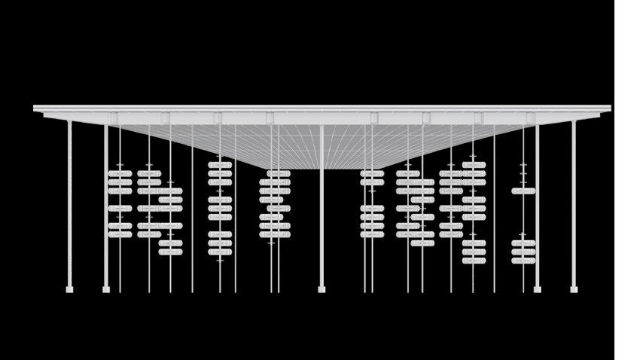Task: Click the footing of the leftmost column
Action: point(70,288)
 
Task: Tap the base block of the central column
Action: point(322,288)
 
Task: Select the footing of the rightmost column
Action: point(574,288)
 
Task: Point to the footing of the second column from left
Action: point(106,288)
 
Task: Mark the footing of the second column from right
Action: point(537,288)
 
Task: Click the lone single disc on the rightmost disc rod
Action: point(523,191)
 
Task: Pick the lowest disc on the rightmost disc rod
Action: point(523,261)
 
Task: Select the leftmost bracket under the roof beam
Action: point(114,119)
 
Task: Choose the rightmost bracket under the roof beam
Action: point(531,119)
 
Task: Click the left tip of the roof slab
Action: point(35,108)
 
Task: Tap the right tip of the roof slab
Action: point(608,108)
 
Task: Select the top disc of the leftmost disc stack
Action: point(120,173)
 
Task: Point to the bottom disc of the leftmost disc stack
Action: point(120,234)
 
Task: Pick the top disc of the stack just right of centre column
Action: point(372,173)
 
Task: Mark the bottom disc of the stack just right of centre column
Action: point(372,234)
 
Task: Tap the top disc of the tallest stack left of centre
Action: point(220,165)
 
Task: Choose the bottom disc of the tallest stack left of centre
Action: point(220,252)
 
